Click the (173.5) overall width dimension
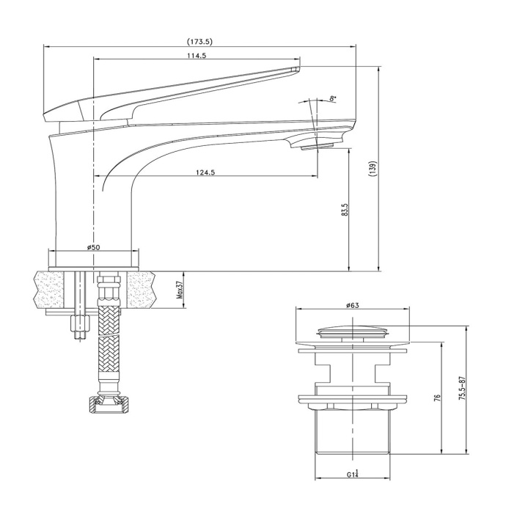(x=199, y=42)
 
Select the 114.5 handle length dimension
(x=197, y=55)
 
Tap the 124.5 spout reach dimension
(x=205, y=172)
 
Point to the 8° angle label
(x=333, y=98)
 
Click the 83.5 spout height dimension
(x=345, y=210)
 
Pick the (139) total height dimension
(x=374, y=169)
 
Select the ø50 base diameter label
(x=94, y=247)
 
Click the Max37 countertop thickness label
(x=180, y=290)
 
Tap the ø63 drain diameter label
(x=353, y=305)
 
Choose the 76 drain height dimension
(x=438, y=397)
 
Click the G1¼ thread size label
(x=353, y=474)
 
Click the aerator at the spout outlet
(x=316, y=147)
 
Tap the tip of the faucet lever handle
(x=297, y=68)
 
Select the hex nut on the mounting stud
(x=79, y=323)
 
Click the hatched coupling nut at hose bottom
(x=108, y=403)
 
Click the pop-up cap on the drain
(x=353, y=331)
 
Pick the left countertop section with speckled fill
(x=48, y=290)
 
